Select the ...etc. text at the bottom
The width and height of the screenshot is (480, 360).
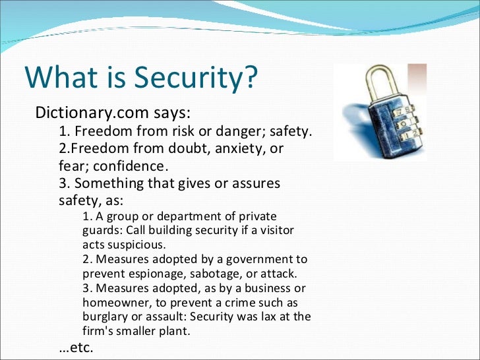[76, 347]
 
